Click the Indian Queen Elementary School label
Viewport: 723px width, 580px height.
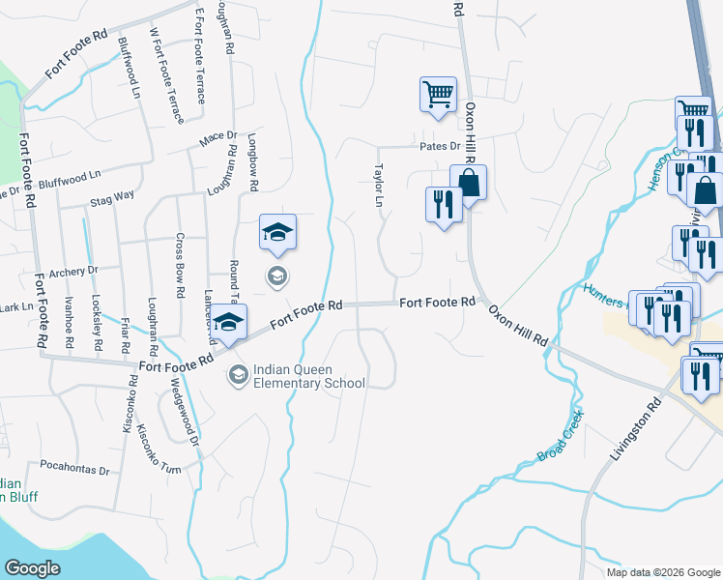click(309, 375)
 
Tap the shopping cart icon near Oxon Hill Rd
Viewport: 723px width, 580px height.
click(438, 95)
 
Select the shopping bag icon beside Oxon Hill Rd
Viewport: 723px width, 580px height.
click(468, 182)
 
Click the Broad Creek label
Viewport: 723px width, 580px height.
click(560, 437)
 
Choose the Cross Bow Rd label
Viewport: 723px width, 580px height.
click(180, 264)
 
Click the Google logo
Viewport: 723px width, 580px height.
click(34, 568)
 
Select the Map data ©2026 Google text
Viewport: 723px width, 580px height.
click(662, 572)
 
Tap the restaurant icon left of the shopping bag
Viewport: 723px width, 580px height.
click(440, 204)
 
